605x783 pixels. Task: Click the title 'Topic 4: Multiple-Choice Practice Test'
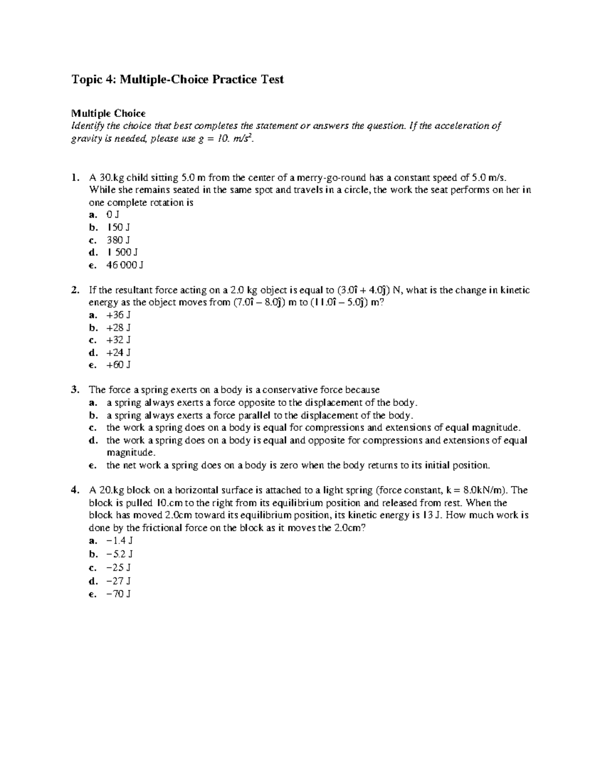(178, 79)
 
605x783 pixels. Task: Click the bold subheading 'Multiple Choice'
(108, 113)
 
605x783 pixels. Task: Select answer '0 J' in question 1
(113, 215)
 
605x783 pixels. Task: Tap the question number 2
(75, 290)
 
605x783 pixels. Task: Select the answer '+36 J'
(118, 315)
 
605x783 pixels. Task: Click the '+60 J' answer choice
(118, 365)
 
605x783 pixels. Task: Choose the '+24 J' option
(118, 352)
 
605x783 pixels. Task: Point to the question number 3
(75, 390)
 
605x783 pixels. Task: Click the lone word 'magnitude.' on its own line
(128, 452)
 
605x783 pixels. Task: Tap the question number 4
(75, 490)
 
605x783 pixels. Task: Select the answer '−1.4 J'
(119, 540)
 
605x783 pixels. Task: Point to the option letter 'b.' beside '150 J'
(93, 227)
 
